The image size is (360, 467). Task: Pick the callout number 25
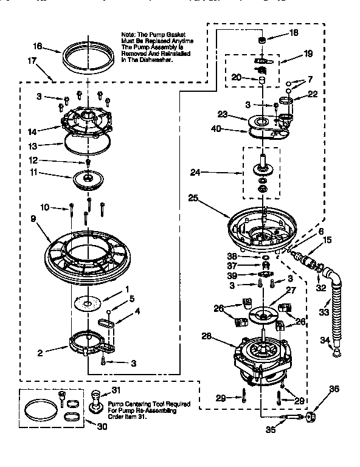193,198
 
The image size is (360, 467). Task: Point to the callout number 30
92,426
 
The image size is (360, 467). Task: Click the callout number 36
333,389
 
